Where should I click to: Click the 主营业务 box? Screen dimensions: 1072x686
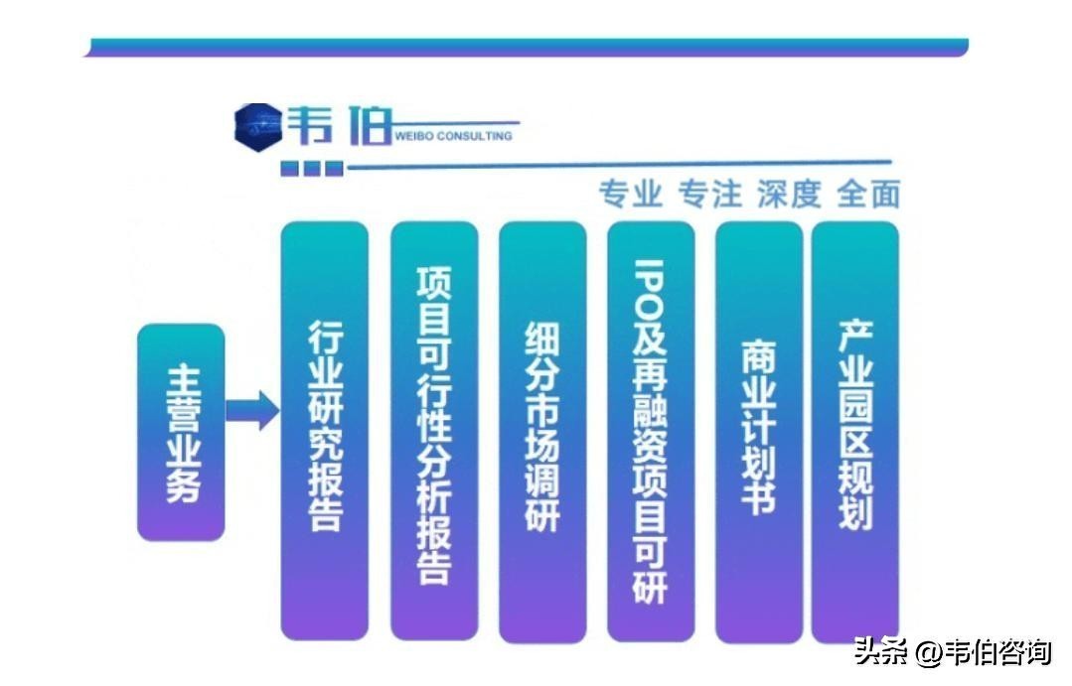pos(181,433)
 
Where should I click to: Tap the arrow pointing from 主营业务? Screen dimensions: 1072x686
pos(252,411)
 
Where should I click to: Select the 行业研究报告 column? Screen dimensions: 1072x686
pos(325,431)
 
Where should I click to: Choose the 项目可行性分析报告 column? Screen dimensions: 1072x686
pos(434,431)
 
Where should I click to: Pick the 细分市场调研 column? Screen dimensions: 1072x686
pos(542,432)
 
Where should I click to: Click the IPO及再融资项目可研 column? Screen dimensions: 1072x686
pos(651,432)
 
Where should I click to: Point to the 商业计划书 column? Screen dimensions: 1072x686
pos(759,432)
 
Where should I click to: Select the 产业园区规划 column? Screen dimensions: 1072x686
pos(855,432)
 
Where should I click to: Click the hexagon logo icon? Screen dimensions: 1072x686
pos(257,126)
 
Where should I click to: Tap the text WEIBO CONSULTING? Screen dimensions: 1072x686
pos(453,136)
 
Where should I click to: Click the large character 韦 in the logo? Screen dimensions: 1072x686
pos(310,125)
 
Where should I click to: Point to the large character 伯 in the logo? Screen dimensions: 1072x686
pos(370,126)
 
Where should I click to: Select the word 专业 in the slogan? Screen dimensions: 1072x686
pos(630,194)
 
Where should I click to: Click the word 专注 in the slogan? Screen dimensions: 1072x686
pos(710,194)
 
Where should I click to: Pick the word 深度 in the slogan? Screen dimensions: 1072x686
pos(790,194)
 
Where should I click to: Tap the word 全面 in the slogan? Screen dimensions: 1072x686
pos(868,194)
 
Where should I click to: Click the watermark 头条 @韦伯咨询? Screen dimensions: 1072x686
pos(953,651)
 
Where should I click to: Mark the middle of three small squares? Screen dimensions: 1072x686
pos(312,168)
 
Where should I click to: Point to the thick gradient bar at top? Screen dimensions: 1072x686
pos(527,47)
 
